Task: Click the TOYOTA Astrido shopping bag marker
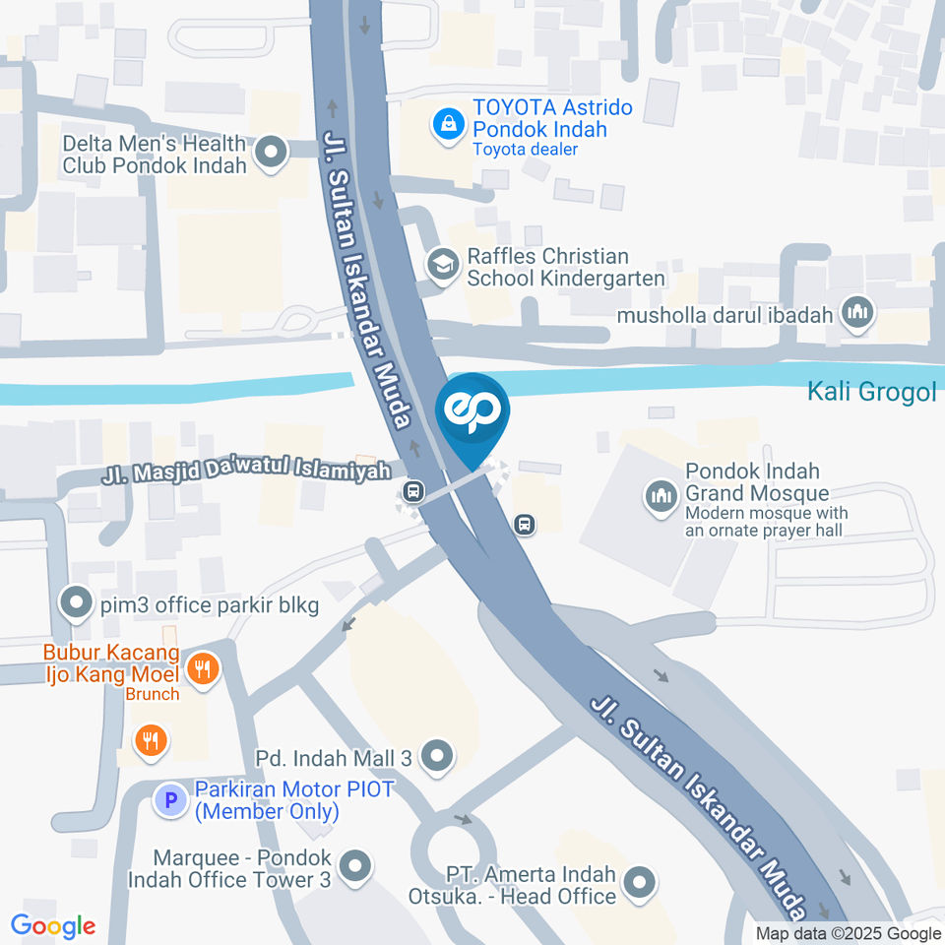click(x=448, y=126)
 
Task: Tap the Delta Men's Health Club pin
click(x=270, y=153)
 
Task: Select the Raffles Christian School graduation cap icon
click(x=443, y=265)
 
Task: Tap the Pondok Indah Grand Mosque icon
click(x=661, y=496)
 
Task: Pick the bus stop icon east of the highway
click(x=526, y=525)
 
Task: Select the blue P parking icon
click(x=171, y=800)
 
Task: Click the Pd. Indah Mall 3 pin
click(x=436, y=757)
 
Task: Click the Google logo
click(x=53, y=926)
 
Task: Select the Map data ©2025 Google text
click(x=849, y=934)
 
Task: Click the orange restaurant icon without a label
click(x=150, y=739)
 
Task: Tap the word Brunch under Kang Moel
click(x=153, y=694)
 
